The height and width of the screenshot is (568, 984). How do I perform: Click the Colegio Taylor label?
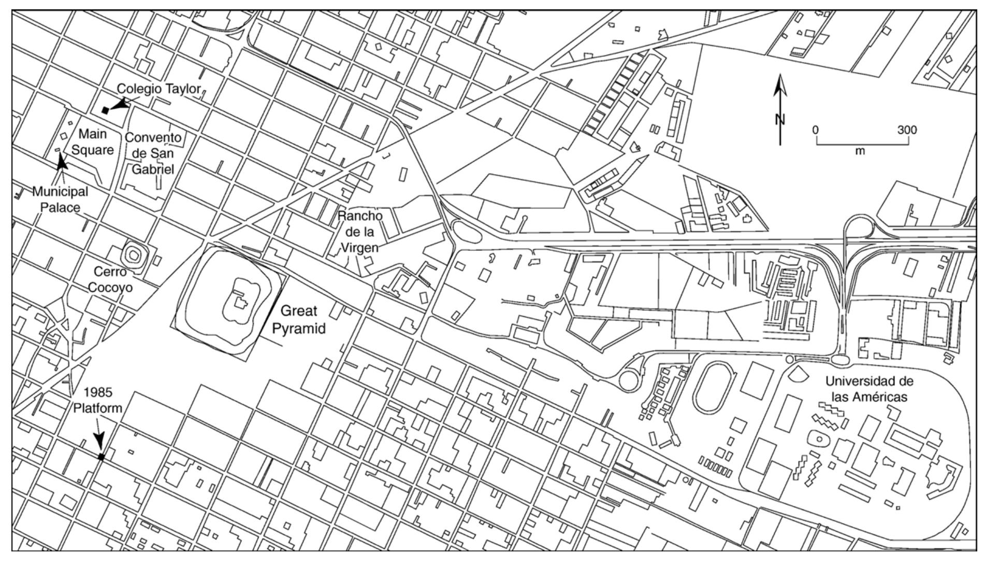pos(158,89)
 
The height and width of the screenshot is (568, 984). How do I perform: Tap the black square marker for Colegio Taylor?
pos(106,110)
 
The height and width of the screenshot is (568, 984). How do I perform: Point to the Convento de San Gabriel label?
pos(153,153)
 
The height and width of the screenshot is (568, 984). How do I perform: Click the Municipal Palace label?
pos(60,200)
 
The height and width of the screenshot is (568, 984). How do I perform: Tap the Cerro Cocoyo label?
pos(113,279)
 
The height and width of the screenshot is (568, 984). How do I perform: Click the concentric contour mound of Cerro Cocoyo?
pos(135,254)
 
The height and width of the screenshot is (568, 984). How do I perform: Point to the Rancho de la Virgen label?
pos(360,232)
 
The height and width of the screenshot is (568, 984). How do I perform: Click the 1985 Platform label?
pos(97,400)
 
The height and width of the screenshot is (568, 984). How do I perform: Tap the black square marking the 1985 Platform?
pos(102,457)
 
